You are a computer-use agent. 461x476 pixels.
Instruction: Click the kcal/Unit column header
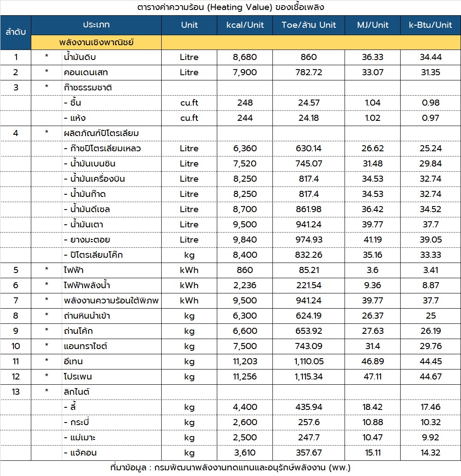point(245,25)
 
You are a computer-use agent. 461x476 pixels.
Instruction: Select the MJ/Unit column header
point(372,25)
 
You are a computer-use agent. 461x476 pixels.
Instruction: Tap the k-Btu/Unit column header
point(430,25)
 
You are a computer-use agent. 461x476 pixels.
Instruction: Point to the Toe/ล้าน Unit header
point(308,25)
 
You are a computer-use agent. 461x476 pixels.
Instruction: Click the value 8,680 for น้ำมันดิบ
point(245,57)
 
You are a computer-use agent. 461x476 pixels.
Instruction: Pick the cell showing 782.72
point(308,72)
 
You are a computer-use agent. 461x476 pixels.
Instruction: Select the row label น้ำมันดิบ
point(80,57)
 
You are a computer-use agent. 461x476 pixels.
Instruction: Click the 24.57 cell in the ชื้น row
point(308,103)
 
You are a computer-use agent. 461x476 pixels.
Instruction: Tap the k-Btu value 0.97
point(430,118)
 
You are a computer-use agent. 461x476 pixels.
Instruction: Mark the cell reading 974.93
point(308,240)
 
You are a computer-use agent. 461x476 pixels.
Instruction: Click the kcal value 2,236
point(245,285)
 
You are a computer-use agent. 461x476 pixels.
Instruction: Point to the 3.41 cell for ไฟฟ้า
point(430,270)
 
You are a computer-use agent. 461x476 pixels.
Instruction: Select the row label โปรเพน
point(77,376)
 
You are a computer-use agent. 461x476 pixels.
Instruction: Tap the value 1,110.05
point(308,361)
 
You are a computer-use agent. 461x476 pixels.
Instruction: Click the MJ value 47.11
point(372,376)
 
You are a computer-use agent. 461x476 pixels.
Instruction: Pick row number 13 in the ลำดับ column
point(16,392)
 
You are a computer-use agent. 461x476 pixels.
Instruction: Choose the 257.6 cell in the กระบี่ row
point(308,422)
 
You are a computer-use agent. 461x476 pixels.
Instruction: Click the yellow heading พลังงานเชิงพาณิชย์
point(96,43)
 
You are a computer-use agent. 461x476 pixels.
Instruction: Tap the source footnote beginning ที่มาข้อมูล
point(230,468)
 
